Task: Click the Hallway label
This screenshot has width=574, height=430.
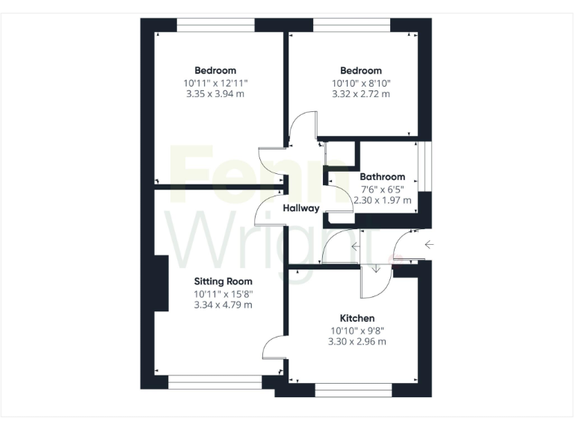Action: pyautogui.click(x=301, y=208)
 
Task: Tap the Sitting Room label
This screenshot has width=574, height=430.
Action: pyautogui.click(x=223, y=281)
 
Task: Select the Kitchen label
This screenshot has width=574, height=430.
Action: pyautogui.click(x=357, y=318)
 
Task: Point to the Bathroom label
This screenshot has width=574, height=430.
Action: pyautogui.click(x=383, y=177)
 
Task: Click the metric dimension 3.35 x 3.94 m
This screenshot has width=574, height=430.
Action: pyautogui.click(x=215, y=94)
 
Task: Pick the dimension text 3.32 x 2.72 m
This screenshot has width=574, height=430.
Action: pyautogui.click(x=362, y=94)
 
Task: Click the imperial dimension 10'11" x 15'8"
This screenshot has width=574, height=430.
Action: pyautogui.click(x=223, y=293)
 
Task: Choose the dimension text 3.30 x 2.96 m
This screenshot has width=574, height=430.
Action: pyautogui.click(x=357, y=342)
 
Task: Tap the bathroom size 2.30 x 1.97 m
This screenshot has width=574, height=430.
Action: pyautogui.click(x=383, y=201)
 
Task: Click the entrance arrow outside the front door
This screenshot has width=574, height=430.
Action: pyautogui.click(x=429, y=244)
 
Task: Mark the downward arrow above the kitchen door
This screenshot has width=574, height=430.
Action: pyautogui.click(x=375, y=268)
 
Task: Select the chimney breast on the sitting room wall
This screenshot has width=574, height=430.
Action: pyautogui.click(x=161, y=284)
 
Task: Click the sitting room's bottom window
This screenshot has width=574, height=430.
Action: pyautogui.click(x=215, y=382)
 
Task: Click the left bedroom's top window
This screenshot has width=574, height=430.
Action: pyautogui.click(x=216, y=25)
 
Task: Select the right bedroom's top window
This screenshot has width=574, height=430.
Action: pyautogui.click(x=351, y=25)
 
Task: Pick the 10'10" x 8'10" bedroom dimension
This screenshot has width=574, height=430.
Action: pyautogui.click(x=362, y=83)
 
